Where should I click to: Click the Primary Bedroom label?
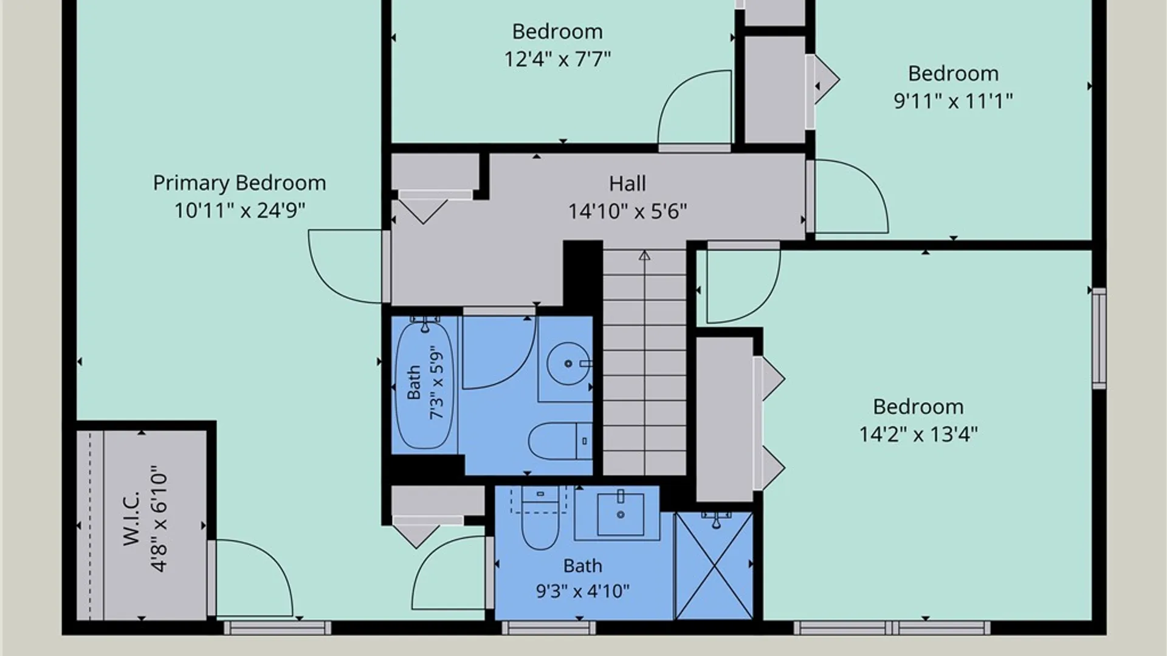(x=239, y=183)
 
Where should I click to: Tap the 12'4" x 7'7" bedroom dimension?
(x=557, y=59)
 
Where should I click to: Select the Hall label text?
(x=627, y=183)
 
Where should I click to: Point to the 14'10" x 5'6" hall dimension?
(x=627, y=211)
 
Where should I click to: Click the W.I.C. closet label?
(x=132, y=518)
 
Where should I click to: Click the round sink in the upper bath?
(x=568, y=364)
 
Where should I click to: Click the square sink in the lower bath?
(x=621, y=514)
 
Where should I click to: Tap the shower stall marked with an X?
(x=714, y=565)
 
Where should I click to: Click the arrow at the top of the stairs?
(x=644, y=256)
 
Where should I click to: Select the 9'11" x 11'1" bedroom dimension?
(x=953, y=101)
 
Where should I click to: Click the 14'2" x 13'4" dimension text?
(x=918, y=434)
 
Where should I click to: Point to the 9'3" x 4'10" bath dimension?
(x=582, y=591)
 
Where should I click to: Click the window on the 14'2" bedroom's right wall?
(x=1099, y=338)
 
